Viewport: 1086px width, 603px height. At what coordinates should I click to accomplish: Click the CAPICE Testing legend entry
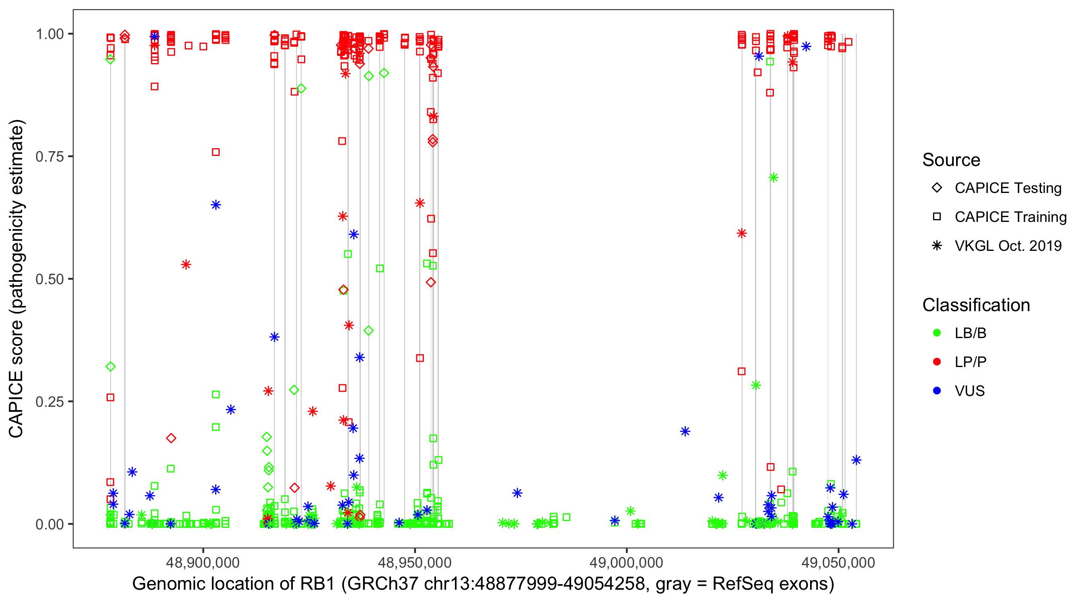(1008, 188)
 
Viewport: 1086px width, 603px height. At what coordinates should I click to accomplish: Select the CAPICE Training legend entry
(1010, 217)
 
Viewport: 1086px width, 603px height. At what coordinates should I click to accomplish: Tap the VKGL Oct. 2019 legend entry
(1008, 246)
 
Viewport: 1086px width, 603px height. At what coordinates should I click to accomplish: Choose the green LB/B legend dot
(937, 333)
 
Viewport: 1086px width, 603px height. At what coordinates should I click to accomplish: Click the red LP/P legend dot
(937, 362)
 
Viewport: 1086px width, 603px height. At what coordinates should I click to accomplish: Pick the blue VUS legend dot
(937, 391)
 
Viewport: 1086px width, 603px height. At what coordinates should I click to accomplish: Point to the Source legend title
(951, 160)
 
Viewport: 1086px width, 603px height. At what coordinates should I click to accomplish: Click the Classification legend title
(975, 305)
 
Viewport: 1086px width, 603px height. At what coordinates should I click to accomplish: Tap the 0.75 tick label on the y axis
(49, 157)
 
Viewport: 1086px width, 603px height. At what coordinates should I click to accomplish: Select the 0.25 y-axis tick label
(49, 402)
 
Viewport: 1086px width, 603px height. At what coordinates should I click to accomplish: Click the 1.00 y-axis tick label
(49, 34)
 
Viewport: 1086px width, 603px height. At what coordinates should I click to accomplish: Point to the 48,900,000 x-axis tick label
(203, 562)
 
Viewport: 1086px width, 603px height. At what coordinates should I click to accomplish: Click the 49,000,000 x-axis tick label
(627, 562)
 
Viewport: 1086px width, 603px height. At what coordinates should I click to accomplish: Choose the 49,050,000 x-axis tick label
(838, 562)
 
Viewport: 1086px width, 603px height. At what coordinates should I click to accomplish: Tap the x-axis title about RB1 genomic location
(483, 584)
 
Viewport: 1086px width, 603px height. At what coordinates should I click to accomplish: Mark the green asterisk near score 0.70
(773, 178)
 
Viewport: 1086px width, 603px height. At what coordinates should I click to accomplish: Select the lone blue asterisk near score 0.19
(685, 431)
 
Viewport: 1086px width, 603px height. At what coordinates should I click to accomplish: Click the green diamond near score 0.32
(111, 367)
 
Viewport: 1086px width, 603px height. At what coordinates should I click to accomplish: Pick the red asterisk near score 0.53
(186, 265)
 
